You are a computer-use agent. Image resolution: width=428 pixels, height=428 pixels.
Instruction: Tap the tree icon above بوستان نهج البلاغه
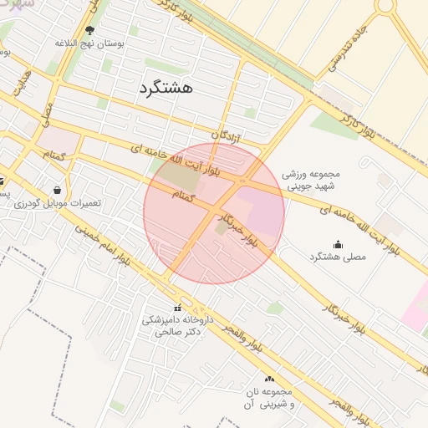tap(89, 31)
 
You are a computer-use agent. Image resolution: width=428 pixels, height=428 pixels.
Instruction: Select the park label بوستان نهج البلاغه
tap(89, 43)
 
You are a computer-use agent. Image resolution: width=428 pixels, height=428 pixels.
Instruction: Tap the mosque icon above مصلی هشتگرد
tap(338, 244)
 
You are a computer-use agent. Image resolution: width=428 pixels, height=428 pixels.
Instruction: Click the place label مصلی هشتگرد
tap(338, 257)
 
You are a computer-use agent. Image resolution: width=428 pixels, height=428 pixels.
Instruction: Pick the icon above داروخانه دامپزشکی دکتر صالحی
tap(176, 308)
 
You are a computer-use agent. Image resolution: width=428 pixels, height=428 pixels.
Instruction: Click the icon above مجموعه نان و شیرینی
tap(268, 379)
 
